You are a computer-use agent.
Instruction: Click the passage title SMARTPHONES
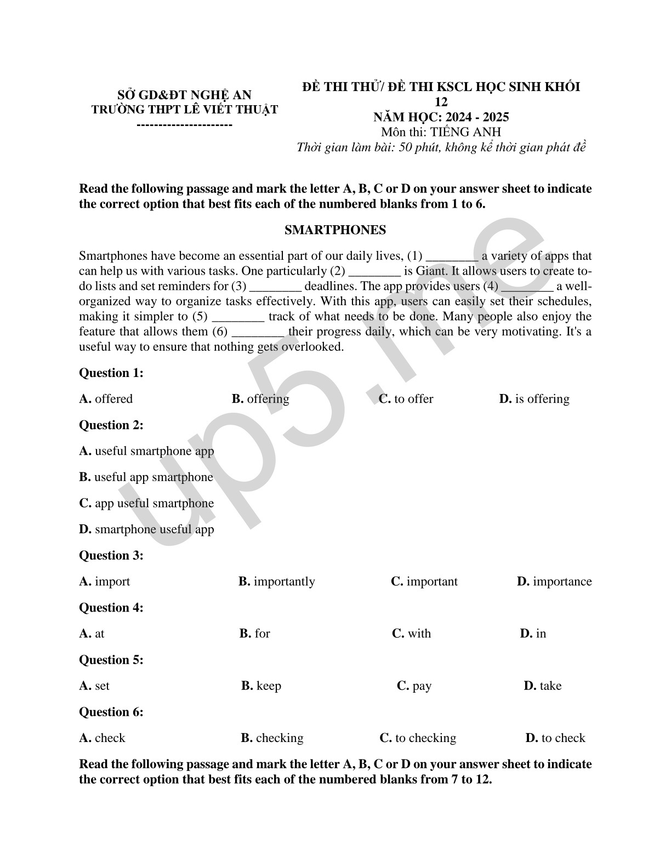click(335, 230)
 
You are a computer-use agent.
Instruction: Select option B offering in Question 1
click(260, 399)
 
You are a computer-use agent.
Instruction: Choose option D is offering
click(534, 399)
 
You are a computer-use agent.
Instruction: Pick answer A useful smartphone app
click(146, 451)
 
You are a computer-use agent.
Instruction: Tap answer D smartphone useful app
click(146, 529)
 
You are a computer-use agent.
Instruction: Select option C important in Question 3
click(424, 581)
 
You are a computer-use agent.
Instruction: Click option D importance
click(554, 581)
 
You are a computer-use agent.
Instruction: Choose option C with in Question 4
click(411, 633)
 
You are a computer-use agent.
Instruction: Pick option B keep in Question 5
click(261, 686)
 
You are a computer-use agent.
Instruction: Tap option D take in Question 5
click(542, 686)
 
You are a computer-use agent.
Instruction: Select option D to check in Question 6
click(555, 738)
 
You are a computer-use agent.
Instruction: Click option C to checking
click(418, 738)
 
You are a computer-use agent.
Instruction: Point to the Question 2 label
click(111, 425)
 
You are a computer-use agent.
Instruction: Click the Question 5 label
click(111, 660)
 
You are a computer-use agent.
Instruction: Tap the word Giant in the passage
click(432, 271)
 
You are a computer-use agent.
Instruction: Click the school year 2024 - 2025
click(441, 117)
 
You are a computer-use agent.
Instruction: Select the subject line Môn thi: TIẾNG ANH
click(441, 132)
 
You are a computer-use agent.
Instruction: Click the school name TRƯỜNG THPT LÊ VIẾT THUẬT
click(185, 109)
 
